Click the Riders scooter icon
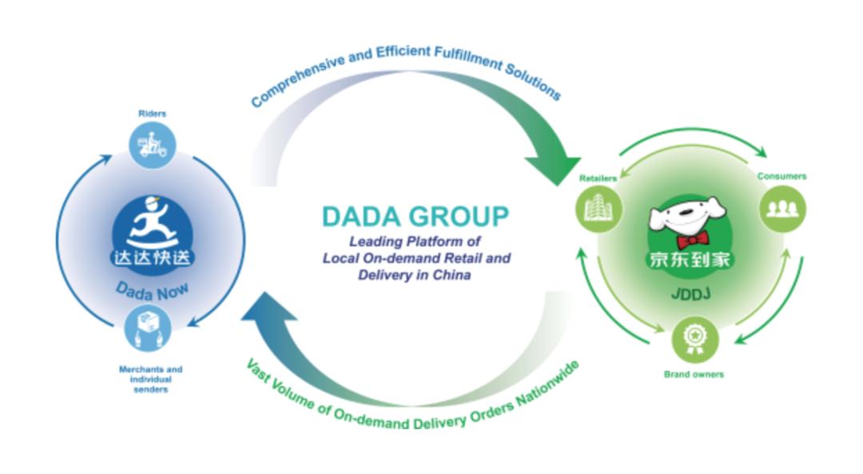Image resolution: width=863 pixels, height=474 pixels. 151,145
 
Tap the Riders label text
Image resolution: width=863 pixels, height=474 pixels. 151,114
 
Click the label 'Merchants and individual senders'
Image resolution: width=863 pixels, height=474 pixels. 150,379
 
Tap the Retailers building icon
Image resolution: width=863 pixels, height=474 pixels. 599,210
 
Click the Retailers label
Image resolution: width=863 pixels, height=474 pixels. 598,177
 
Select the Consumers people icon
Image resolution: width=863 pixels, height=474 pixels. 781,209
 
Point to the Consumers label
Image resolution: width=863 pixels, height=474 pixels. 781,176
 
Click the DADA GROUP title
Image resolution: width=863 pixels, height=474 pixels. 415,216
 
